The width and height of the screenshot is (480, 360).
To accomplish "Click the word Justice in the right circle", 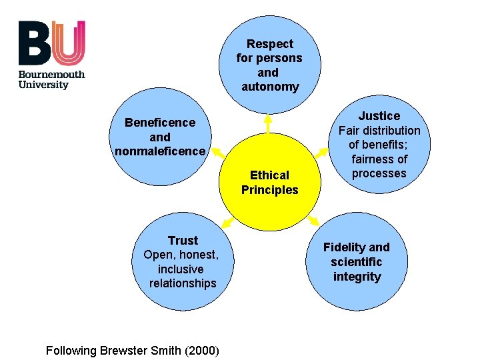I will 379,116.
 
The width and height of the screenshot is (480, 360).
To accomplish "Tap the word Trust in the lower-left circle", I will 183,241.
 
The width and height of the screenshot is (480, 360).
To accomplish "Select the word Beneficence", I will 160,123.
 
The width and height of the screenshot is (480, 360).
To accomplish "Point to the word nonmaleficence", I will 160,151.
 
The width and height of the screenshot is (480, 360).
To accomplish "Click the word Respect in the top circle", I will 269,44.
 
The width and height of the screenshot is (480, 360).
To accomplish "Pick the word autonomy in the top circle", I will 270,87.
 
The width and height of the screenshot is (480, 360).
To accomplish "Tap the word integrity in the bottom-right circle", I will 357,277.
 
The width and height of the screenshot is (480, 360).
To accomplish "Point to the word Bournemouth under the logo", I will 51,74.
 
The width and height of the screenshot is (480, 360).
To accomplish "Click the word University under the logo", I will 43,85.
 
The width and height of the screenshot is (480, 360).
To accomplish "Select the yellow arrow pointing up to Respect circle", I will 267,121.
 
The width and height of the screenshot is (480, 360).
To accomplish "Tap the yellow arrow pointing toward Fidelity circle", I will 313,221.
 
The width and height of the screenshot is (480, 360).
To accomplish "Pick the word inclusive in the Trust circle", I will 181,269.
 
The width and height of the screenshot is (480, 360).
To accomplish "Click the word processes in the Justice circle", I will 379,173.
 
